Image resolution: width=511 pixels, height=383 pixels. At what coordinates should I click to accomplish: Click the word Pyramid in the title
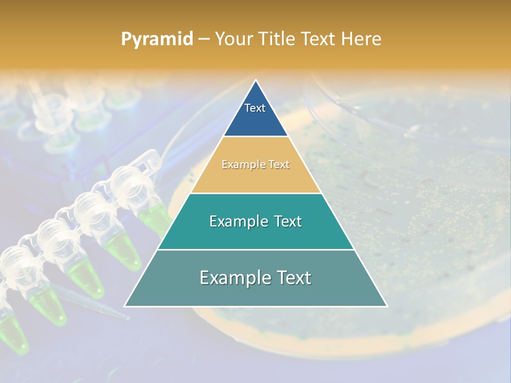[156, 39]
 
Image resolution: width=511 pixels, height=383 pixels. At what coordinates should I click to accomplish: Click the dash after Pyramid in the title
[204, 39]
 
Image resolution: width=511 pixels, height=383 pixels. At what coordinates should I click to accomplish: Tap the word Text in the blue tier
[255, 108]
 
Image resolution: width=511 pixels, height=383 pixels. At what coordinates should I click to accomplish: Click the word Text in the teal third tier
[287, 221]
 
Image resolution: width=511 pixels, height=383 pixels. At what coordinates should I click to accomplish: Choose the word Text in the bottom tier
[292, 278]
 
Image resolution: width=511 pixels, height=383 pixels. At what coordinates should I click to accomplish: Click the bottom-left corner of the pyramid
[125, 306]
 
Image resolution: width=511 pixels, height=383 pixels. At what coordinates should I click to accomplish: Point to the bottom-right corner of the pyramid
[387, 306]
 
